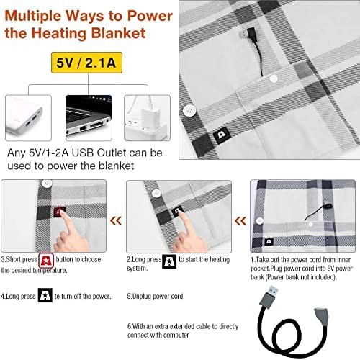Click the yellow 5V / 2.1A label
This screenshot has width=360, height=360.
click(86, 63)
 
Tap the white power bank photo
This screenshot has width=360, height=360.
click(28, 118)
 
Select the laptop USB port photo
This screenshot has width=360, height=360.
click(89, 118)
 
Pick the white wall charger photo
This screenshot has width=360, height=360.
click(147, 118)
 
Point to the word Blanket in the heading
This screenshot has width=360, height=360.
click(119, 33)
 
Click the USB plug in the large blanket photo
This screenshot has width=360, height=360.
click(248, 33)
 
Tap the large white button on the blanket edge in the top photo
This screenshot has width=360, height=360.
click(189, 111)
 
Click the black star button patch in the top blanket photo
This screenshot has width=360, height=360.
click(222, 135)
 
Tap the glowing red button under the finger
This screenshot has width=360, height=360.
click(60, 212)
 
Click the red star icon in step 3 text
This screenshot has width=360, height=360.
click(46, 261)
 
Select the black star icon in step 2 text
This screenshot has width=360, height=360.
click(169, 261)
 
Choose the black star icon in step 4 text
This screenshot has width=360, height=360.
click(45, 295)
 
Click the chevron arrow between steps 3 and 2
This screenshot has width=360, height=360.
click(116, 220)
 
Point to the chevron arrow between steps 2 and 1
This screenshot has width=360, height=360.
click(240, 220)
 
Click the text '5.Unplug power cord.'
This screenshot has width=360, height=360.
click(156, 297)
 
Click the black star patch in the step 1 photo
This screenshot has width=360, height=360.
click(269, 241)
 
